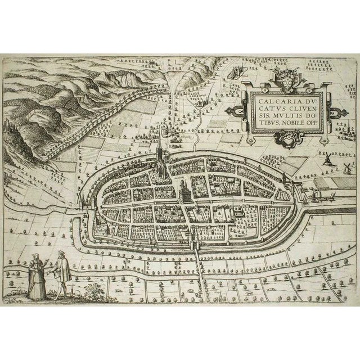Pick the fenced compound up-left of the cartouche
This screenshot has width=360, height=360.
236,71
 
